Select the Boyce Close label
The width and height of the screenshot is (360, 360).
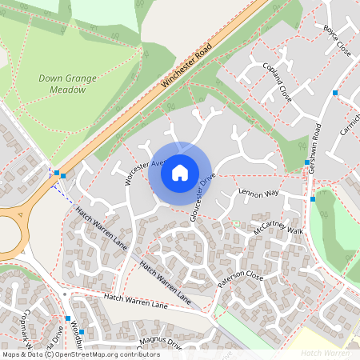pyautogui.click(x=337, y=38)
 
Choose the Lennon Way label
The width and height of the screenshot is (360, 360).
pyautogui.click(x=258, y=193)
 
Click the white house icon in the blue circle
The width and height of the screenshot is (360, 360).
pyautogui.click(x=180, y=173)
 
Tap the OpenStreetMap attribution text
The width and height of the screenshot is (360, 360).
pyautogui.click(x=80, y=354)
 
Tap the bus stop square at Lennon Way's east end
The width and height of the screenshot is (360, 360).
pyautogui.click(x=313, y=198)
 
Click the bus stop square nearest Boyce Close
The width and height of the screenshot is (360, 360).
pyautogui.click(x=334, y=93)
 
